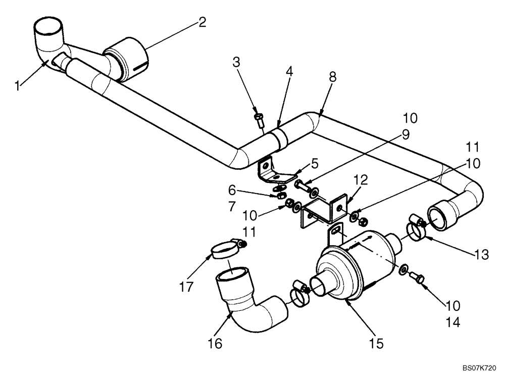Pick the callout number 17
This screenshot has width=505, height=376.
186,287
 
